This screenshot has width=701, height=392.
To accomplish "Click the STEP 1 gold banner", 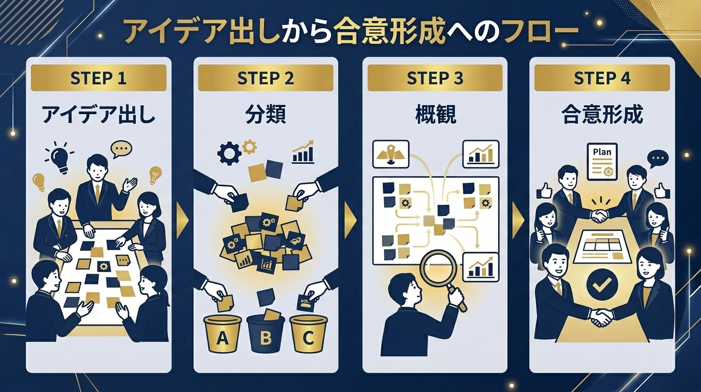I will point(99,79).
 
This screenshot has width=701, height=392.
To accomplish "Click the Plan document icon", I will point(602,161).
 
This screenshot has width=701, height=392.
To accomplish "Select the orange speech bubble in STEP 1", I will point(121,149).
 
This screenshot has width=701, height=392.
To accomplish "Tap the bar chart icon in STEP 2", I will point(303,153).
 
